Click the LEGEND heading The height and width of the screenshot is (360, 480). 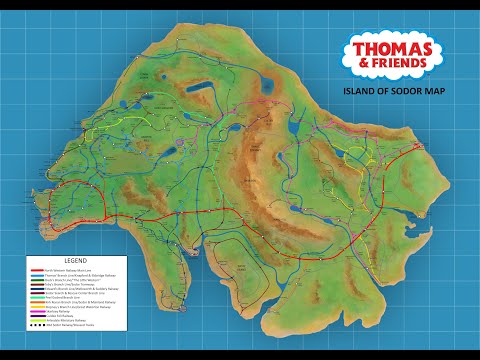pos(75,261)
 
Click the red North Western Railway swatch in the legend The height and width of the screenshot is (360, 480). pos(37,270)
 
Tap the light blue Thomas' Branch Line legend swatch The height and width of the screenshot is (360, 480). pos(37,275)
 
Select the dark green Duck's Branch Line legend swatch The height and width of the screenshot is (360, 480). pos(37,280)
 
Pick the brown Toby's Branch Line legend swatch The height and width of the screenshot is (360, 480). pos(37,284)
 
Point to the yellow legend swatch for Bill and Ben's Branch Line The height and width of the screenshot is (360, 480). pos(37,307)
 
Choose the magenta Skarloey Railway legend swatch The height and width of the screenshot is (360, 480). pos(37,311)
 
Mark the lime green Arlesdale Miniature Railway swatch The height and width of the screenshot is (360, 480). pos(37,320)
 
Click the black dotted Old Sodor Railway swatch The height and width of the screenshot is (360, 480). pos(37,325)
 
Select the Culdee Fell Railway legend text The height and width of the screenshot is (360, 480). pos(62,316)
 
